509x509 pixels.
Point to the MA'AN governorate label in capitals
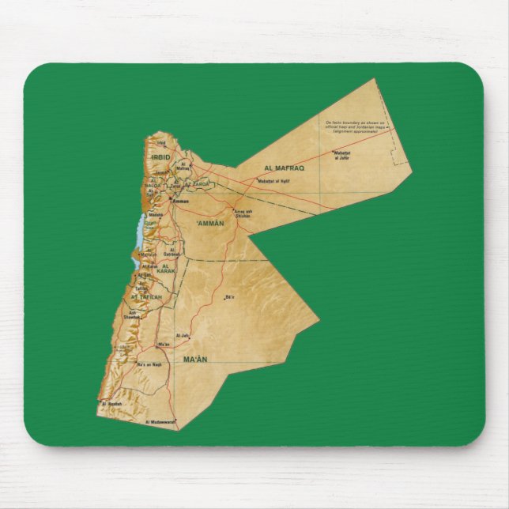point(194,360)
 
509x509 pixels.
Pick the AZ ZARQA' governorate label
point(202,184)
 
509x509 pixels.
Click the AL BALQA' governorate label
point(154,185)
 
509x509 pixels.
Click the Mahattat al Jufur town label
point(341,156)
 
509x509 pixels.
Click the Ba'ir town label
point(230,297)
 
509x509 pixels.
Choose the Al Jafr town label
point(183,335)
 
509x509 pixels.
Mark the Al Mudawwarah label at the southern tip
point(160,422)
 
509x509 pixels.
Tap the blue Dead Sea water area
point(140,232)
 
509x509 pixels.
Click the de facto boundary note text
point(355,127)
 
